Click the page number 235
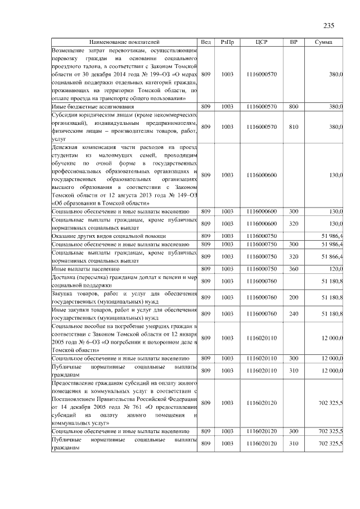click(329, 25)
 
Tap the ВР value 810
click(293, 127)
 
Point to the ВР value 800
click(293, 106)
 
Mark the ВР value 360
click(293, 269)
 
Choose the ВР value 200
click(293, 297)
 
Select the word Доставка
click(64, 277)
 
